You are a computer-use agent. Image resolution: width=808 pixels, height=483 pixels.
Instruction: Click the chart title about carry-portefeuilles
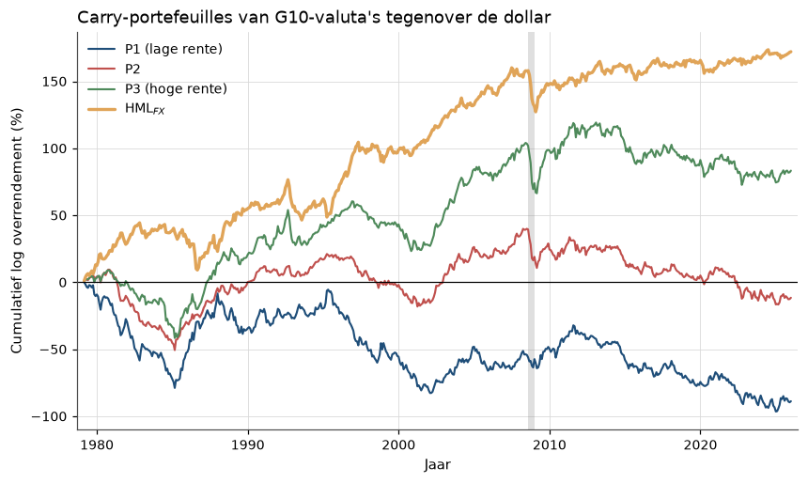314,17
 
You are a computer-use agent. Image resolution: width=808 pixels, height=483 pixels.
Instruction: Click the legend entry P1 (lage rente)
174,49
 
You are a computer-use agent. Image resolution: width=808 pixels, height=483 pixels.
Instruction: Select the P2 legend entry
132,70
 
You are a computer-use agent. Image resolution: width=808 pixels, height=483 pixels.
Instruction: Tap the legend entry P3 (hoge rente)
176,88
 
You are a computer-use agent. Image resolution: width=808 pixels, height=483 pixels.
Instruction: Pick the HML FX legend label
145,109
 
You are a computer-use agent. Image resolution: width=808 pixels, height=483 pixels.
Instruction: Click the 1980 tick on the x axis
98,444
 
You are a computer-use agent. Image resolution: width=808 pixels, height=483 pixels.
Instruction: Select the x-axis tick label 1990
248,444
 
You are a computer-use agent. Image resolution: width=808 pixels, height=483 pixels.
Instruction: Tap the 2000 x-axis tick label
399,444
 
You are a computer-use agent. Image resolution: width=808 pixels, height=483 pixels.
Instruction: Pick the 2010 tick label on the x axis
550,444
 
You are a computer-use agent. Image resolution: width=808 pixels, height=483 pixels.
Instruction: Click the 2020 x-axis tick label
700,444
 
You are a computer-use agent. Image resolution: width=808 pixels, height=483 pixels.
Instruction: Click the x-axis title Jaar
438,465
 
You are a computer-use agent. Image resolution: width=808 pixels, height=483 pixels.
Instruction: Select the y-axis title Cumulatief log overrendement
17,230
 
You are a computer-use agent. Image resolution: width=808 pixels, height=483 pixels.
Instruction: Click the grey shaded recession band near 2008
531,230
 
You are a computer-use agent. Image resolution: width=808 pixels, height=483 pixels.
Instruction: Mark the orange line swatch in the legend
102,109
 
